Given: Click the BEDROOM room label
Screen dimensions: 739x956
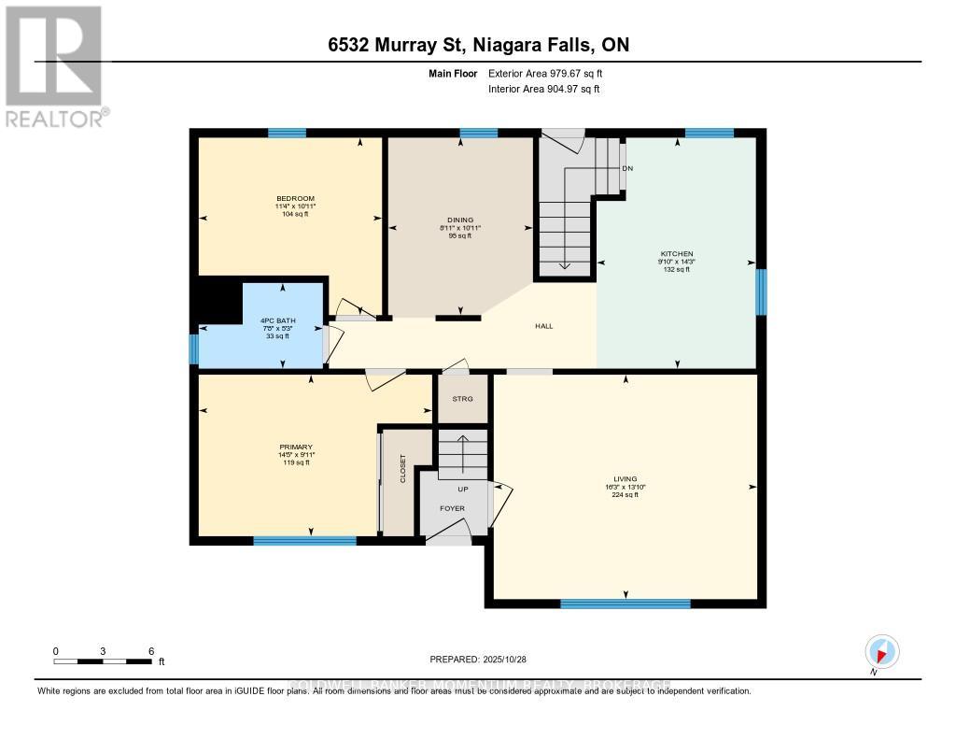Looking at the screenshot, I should pos(294,198).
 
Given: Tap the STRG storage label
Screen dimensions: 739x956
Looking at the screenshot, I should pos(463,398).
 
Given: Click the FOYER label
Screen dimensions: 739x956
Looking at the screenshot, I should pos(452,508).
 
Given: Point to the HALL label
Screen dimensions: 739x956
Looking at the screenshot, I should pos(543,326).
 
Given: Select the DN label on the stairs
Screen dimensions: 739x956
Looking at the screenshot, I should pos(627,168).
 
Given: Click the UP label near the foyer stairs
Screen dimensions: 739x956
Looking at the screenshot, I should pos(462,489).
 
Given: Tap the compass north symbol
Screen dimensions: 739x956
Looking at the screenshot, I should pos(881,652).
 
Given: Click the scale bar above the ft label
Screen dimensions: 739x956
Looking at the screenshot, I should pos(103,661).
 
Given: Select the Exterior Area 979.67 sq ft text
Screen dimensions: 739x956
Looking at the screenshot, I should pos(552,73).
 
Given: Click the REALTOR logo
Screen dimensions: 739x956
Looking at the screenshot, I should pos(53,65).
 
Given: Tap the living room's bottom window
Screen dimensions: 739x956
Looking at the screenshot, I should pos(625,604).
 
